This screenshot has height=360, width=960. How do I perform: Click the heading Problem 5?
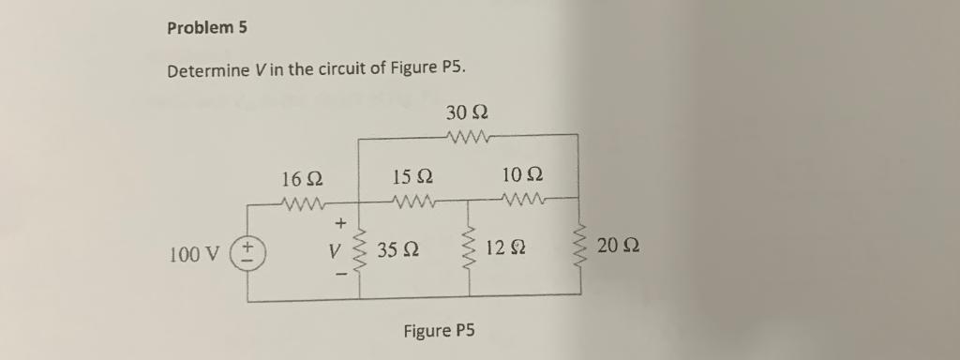tap(207, 28)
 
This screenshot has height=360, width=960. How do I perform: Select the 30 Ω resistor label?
tap(467, 113)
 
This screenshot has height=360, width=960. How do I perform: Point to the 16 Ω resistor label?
tap(302, 178)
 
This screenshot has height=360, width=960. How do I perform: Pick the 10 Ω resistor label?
tap(522, 176)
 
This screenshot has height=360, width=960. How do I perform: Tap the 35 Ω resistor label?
tap(397, 250)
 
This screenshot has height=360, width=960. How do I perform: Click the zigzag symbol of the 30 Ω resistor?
tap(466, 139)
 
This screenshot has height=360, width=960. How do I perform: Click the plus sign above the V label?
tap(340, 223)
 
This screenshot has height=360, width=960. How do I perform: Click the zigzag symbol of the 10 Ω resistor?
tap(522, 199)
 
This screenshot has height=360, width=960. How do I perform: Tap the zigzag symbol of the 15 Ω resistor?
tap(412, 201)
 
